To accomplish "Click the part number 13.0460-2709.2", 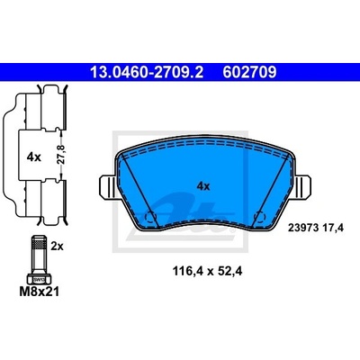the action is tap(147, 72).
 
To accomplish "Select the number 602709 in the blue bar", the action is tap(249, 72).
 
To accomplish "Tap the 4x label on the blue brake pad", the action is tap(203, 186).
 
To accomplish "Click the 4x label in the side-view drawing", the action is tap(34, 157).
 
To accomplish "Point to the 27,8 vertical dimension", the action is tap(62, 155).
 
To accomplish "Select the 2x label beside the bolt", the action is tap(57, 247).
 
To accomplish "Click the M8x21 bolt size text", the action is tap(39, 292).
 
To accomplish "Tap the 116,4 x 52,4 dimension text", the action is tap(207, 272).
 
